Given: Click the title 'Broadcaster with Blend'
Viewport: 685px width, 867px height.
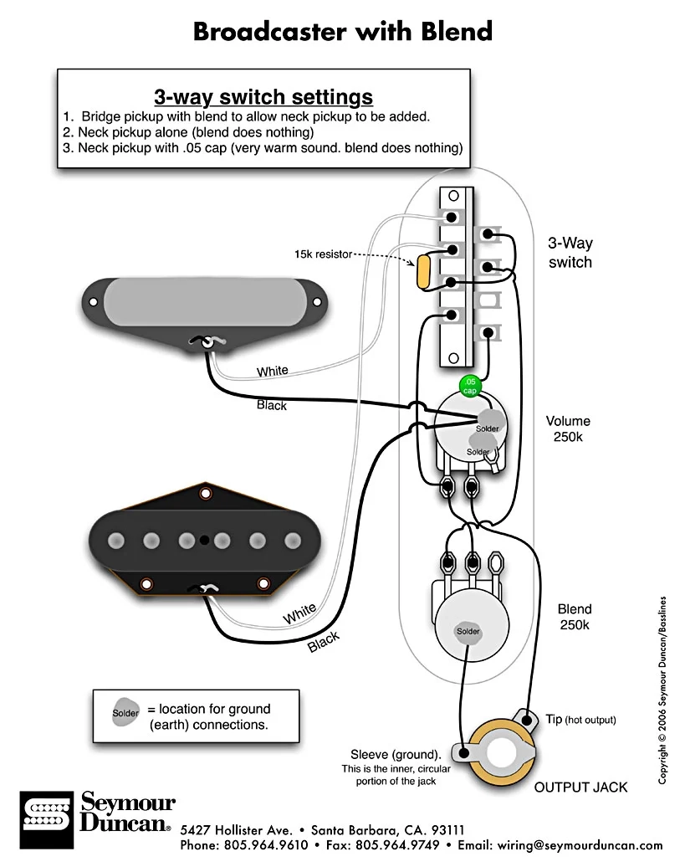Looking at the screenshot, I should [343, 32].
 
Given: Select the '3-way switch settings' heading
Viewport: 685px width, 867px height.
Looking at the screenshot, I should [263, 95].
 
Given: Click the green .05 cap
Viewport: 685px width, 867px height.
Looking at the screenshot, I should [470, 386].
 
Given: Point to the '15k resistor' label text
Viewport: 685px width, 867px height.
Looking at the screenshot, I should [323, 253].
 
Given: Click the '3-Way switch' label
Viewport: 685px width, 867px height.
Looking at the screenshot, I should [570, 253].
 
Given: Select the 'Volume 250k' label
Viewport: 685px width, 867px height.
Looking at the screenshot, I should [568, 429].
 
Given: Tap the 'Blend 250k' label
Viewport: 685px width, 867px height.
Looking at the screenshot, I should [575, 617].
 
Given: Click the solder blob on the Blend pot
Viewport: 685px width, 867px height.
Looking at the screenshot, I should [468, 631].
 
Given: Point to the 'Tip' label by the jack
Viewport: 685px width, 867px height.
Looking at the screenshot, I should [554, 719].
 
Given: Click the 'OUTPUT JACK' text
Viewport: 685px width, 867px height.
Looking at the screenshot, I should [580, 787].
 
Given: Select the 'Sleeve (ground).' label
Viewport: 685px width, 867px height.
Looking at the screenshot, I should [396, 754].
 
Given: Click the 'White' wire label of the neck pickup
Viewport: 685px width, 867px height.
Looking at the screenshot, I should [273, 371].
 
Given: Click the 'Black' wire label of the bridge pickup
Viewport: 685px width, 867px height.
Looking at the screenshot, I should [324, 642].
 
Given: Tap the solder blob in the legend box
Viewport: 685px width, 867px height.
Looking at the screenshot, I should [126, 713].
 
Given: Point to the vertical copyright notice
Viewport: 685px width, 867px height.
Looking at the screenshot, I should [662, 690].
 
